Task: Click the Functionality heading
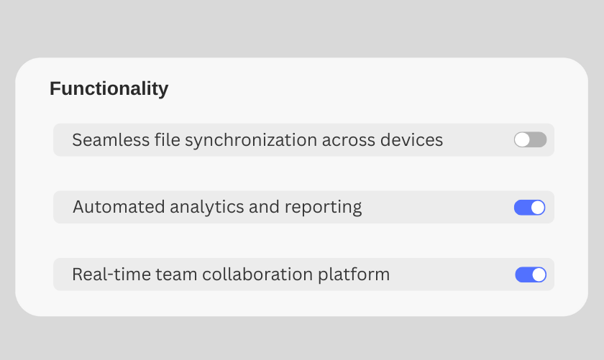point(109,89)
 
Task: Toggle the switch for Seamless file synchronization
point(530,140)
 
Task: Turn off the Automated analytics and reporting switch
point(530,208)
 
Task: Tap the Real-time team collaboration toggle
point(531,275)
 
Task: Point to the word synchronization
point(251,140)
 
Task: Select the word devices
point(411,140)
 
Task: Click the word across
point(348,141)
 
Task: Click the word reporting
point(323,208)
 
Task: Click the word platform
point(354,275)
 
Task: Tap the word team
point(176,275)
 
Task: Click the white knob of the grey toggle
point(522,140)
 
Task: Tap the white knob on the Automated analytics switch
point(538,208)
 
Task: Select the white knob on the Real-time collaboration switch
point(539,275)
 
